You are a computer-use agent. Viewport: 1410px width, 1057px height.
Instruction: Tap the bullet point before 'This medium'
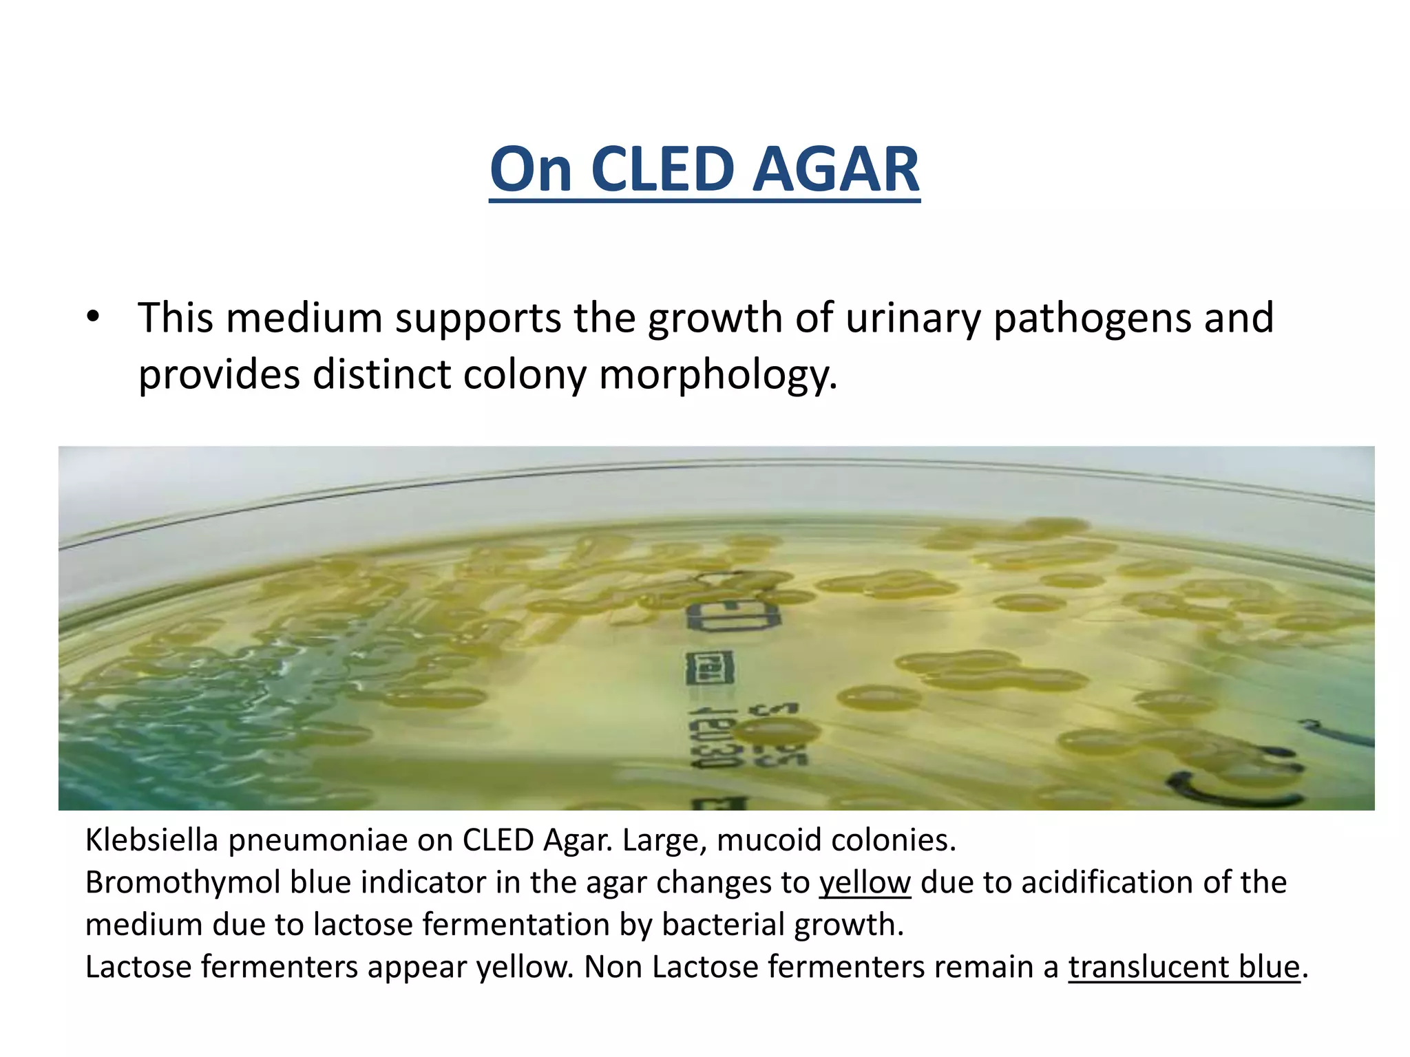click(x=94, y=317)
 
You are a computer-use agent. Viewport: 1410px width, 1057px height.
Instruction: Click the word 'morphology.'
click(x=718, y=375)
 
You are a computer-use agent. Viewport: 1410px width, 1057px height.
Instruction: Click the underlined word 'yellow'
click(x=865, y=882)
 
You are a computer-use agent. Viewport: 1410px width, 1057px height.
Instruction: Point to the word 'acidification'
click(x=1106, y=882)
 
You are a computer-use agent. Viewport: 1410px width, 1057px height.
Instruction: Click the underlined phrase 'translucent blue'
click(x=1183, y=967)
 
